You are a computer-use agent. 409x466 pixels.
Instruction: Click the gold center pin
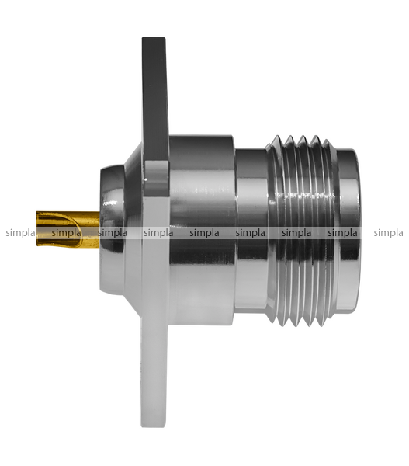[x=68, y=229]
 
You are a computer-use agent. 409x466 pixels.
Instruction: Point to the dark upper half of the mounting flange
[x=155, y=113]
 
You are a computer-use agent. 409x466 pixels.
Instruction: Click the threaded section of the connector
[x=301, y=231]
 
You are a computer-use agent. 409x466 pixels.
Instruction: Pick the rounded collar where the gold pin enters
[x=112, y=231]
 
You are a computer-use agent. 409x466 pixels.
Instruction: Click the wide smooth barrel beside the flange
[x=202, y=231]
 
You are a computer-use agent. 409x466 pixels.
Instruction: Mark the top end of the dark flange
[x=154, y=37]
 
